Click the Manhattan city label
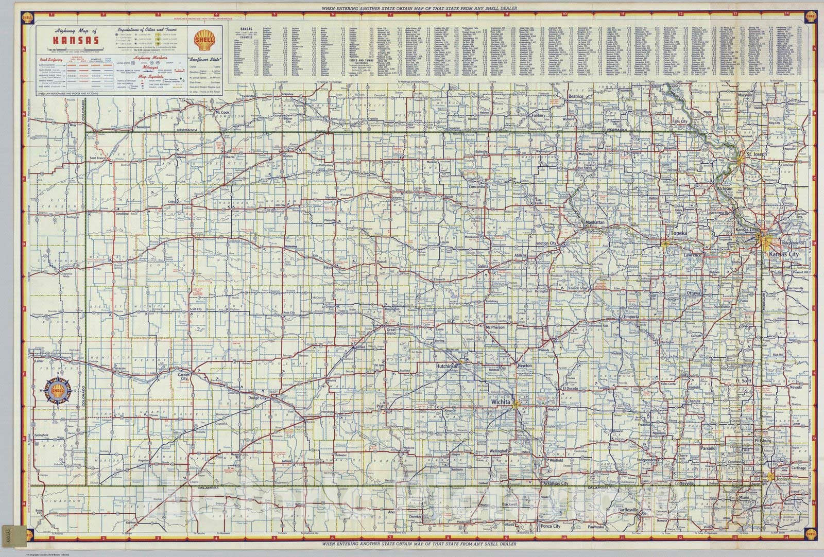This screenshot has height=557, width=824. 598,222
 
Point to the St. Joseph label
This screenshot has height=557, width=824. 757,154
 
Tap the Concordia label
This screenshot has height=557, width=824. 477,187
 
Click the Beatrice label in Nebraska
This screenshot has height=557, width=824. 575,96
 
